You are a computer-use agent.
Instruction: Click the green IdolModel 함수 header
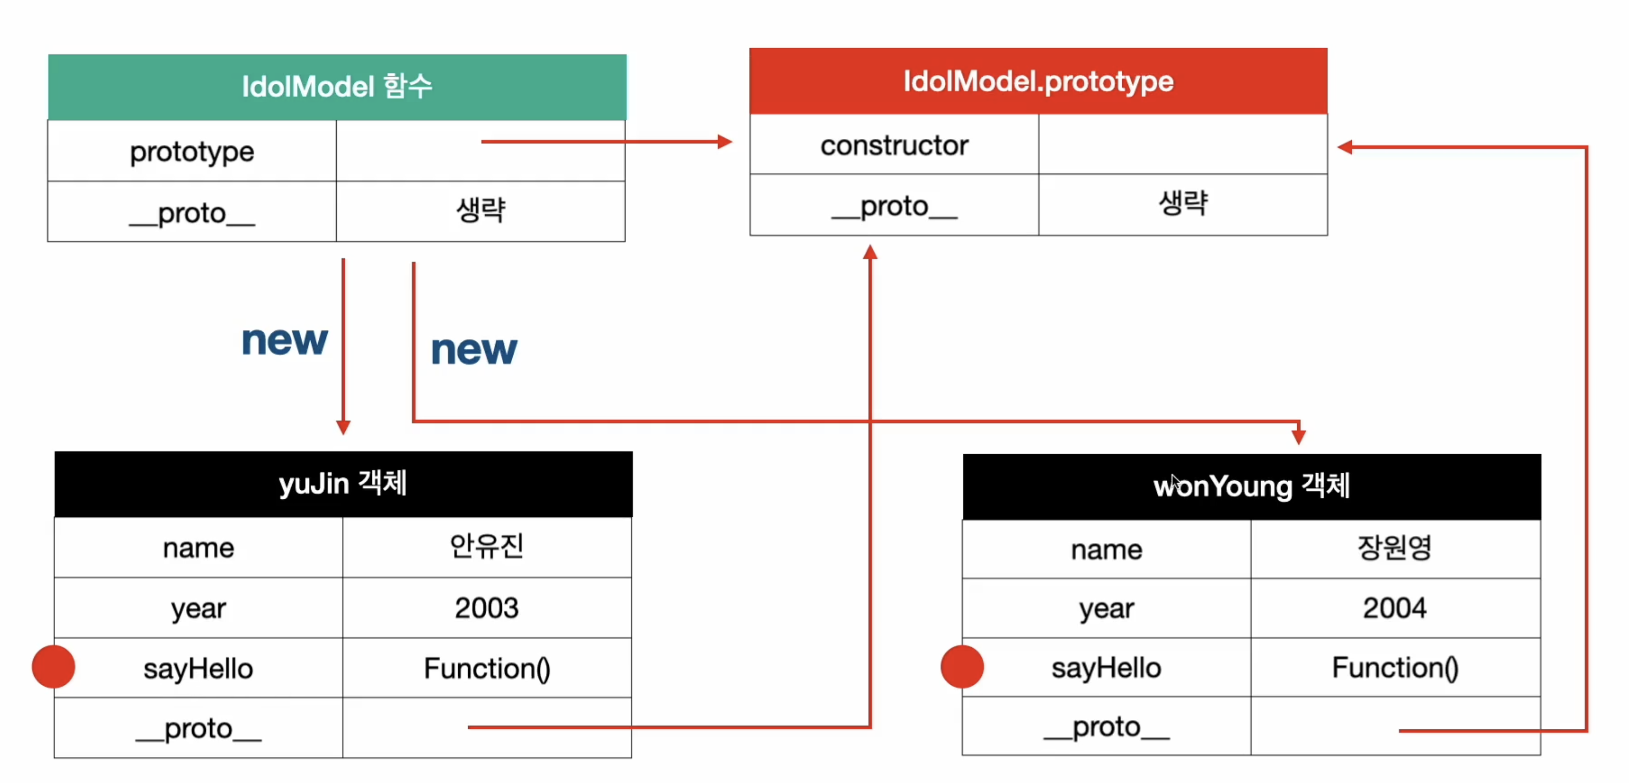[x=337, y=87]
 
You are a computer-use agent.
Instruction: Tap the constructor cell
[x=894, y=145]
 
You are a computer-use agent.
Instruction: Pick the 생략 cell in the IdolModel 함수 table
[x=481, y=211]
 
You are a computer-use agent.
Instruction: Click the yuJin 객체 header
[x=343, y=484]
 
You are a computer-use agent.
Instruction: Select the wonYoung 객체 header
[x=1252, y=486]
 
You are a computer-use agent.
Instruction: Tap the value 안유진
[x=487, y=546]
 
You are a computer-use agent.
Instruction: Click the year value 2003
[x=487, y=608]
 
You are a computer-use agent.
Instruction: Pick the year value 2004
[x=1395, y=608]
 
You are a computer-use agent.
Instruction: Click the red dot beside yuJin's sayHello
[x=54, y=667]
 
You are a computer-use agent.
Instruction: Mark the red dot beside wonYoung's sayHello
[x=962, y=667]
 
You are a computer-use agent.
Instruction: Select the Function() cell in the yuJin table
[x=487, y=668]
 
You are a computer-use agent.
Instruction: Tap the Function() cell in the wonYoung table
[x=1395, y=667]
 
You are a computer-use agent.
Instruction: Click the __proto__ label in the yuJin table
[x=198, y=728]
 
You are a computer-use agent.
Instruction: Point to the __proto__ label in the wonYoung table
[x=1107, y=727]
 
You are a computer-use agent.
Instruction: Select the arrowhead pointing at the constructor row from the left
[x=725, y=142]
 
